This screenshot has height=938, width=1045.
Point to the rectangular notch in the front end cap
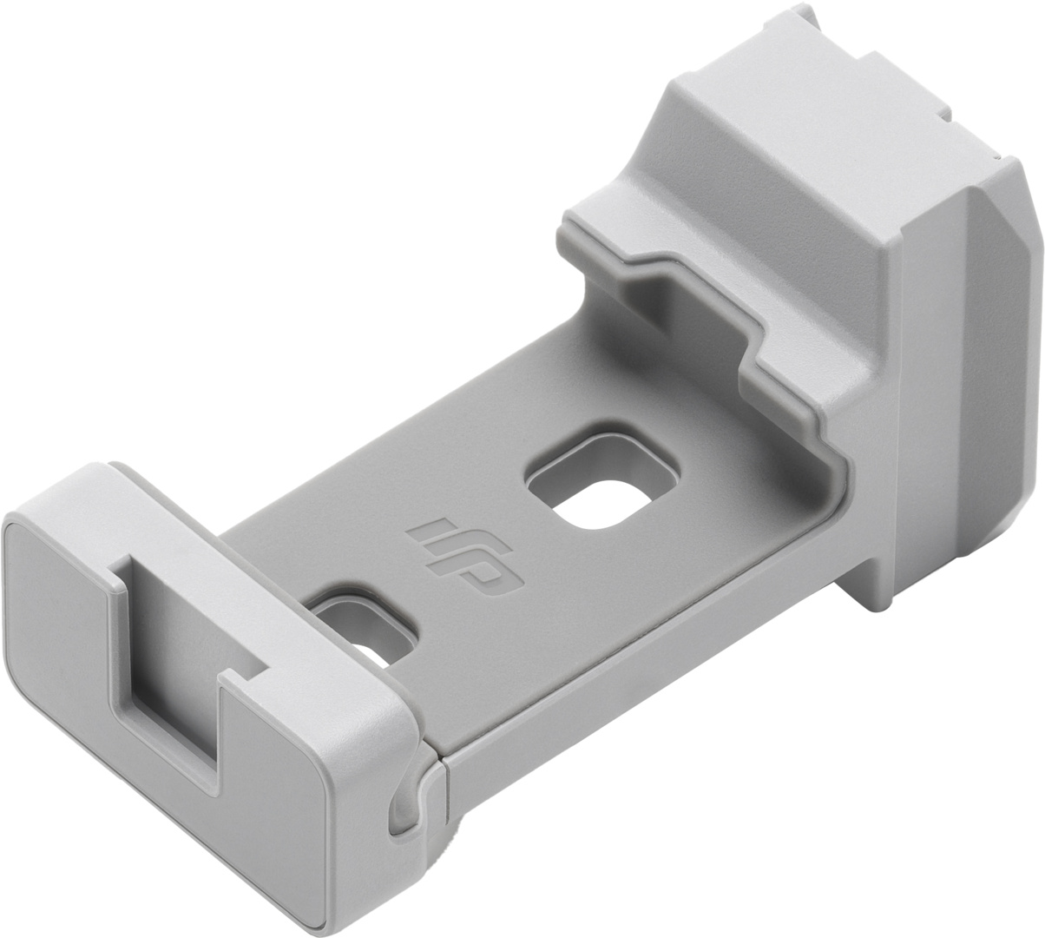pos(174,660)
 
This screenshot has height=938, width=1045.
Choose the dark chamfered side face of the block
pos(972,365)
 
